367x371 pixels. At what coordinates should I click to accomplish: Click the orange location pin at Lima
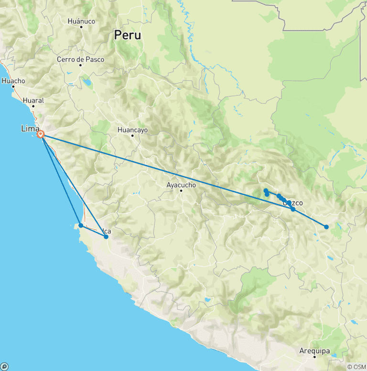pyautogui.click(x=42, y=134)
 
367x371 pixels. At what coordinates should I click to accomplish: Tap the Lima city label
pyautogui.click(x=30, y=129)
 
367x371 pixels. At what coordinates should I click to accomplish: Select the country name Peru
pyautogui.click(x=128, y=35)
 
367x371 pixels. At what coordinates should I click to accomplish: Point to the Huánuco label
pyautogui.click(x=81, y=22)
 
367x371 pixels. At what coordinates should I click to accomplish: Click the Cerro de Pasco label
pyautogui.click(x=80, y=60)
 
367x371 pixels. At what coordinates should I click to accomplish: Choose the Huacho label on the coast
pyautogui.click(x=13, y=81)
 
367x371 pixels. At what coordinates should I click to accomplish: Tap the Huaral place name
pyautogui.click(x=32, y=101)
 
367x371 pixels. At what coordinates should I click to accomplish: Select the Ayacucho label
pyautogui.click(x=181, y=185)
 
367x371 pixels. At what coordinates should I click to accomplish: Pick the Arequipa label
pyautogui.click(x=314, y=351)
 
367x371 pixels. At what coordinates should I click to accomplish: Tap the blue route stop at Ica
pyautogui.click(x=106, y=237)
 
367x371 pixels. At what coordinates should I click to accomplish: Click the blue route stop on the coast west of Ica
pyautogui.click(x=81, y=225)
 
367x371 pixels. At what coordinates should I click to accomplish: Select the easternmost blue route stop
pyautogui.click(x=326, y=227)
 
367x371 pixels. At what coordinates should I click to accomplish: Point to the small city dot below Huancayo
pyautogui.click(x=133, y=135)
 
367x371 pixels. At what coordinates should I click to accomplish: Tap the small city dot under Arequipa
pyautogui.click(x=315, y=357)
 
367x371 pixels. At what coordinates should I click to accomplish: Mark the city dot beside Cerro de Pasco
pyautogui.click(x=81, y=66)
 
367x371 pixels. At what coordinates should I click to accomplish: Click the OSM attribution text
pyautogui.click(x=356, y=367)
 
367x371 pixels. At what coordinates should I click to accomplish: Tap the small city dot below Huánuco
pyautogui.click(x=82, y=27)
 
